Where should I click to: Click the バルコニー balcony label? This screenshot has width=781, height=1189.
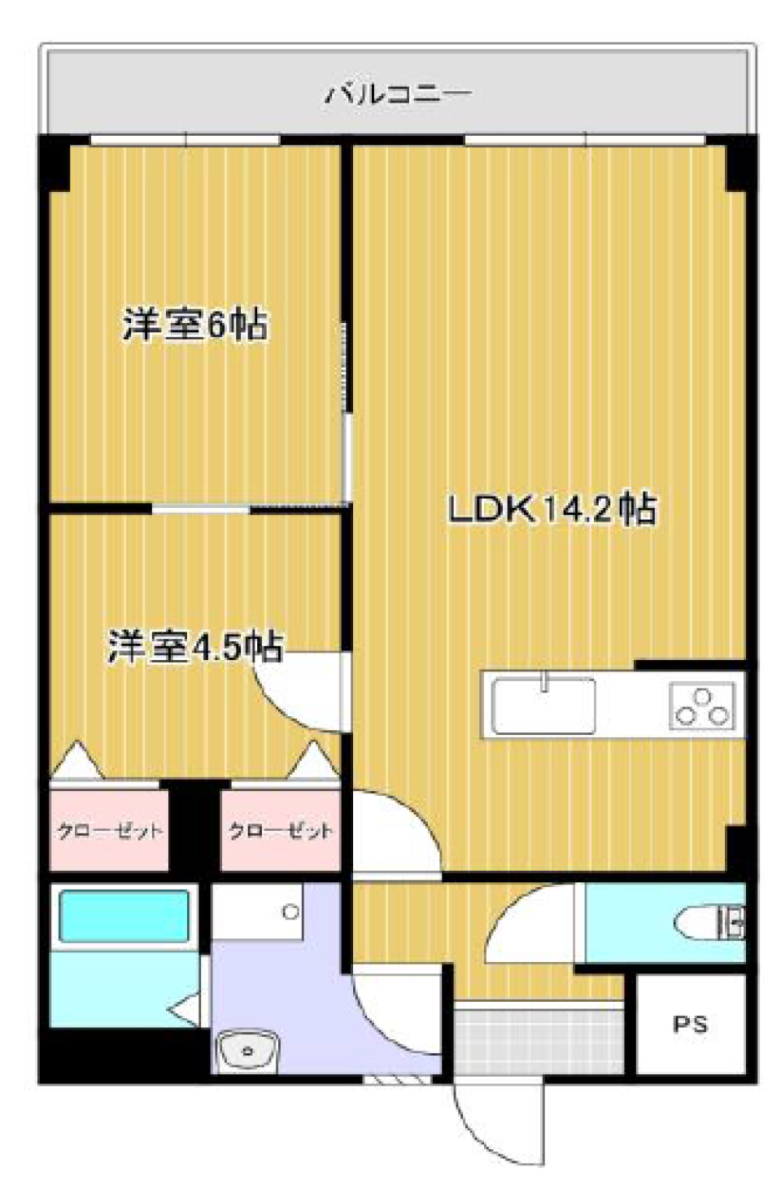[x=397, y=95]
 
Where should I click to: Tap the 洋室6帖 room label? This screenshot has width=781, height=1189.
[x=196, y=325]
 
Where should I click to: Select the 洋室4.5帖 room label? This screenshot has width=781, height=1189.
[x=194, y=646]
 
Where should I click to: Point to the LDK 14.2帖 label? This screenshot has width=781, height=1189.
[x=552, y=509]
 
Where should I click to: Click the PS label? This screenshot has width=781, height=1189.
[x=690, y=1024]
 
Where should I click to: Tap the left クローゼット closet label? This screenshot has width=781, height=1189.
[x=110, y=831]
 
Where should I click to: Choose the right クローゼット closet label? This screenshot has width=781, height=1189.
[x=281, y=831]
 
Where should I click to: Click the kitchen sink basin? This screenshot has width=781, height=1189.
[x=543, y=706]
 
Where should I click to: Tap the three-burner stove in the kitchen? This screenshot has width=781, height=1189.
[x=702, y=706]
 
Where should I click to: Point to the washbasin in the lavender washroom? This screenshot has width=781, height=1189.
[x=248, y=1051]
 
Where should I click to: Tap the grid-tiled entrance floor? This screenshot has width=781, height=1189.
[x=539, y=1042]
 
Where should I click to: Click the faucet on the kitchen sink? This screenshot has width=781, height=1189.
[x=543, y=681]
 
